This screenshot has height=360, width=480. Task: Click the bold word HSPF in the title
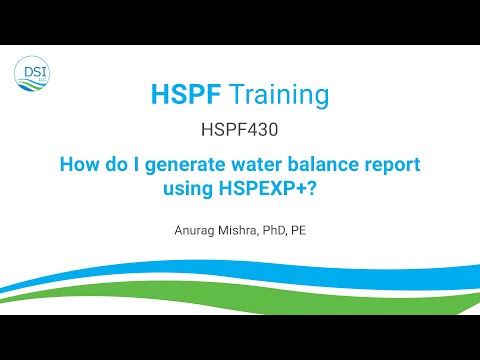click(185, 95)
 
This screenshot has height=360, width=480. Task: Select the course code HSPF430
click(240, 130)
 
